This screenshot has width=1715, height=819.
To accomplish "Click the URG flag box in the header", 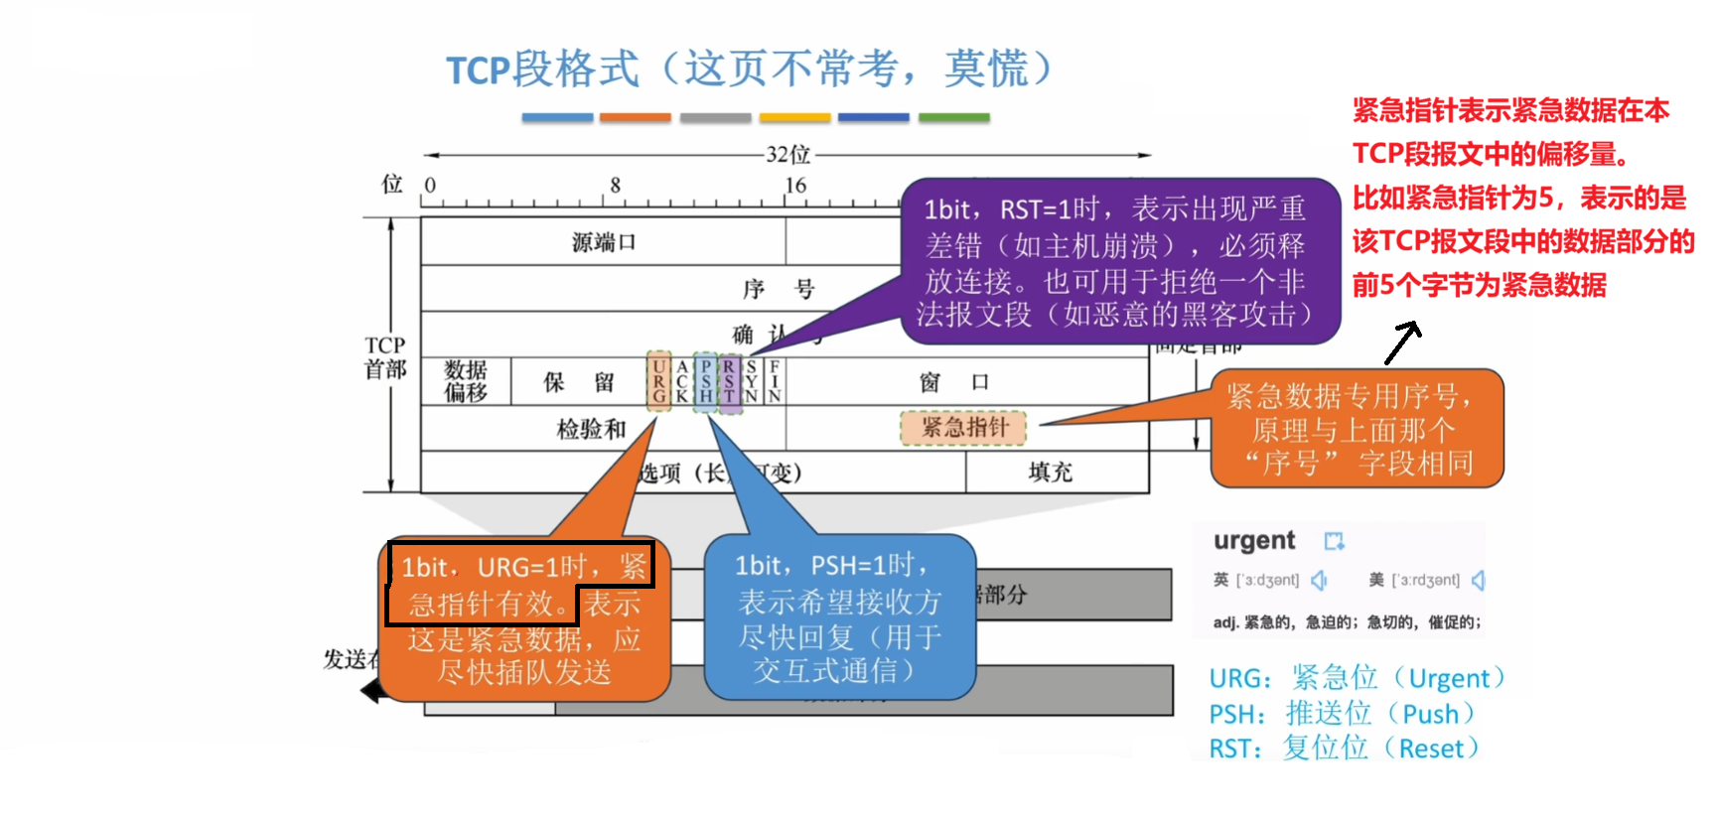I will click(x=658, y=381).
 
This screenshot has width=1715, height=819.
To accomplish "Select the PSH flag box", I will click(x=705, y=381).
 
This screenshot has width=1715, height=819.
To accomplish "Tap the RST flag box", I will click(x=729, y=381).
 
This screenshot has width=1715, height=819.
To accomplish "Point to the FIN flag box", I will click(x=775, y=381).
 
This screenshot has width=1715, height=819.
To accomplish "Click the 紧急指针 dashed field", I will click(x=963, y=428).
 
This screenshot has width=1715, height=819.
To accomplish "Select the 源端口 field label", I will click(x=603, y=242).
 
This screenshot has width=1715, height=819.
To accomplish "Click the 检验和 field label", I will click(x=591, y=429).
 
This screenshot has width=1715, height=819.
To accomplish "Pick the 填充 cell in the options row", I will click(x=1050, y=473).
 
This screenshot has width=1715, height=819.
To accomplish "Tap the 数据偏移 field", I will click(x=466, y=381).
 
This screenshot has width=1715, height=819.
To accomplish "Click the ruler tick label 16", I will click(x=795, y=186).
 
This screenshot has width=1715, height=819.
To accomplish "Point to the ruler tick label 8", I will click(x=616, y=186).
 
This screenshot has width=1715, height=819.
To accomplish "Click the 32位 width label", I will click(x=787, y=155).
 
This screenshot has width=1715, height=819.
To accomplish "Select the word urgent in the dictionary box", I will click(x=1254, y=541).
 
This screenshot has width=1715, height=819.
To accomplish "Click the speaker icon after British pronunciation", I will click(x=1319, y=580).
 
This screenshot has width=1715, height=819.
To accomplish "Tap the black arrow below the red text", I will click(x=1402, y=342).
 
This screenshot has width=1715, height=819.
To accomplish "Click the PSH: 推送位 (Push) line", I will click(x=1341, y=714).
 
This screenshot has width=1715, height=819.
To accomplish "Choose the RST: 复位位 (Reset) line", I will click(x=1343, y=748).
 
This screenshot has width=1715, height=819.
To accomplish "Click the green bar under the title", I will click(x=953, y=117).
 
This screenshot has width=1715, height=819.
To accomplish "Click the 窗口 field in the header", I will click(x=953, y=382).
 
